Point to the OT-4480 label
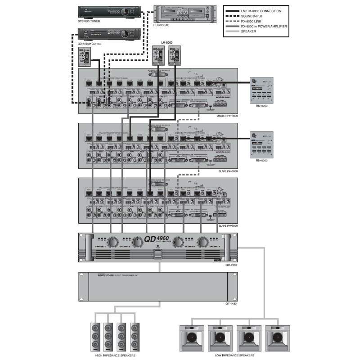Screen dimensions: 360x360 (231, 304)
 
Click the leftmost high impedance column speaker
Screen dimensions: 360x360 (96, 336)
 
